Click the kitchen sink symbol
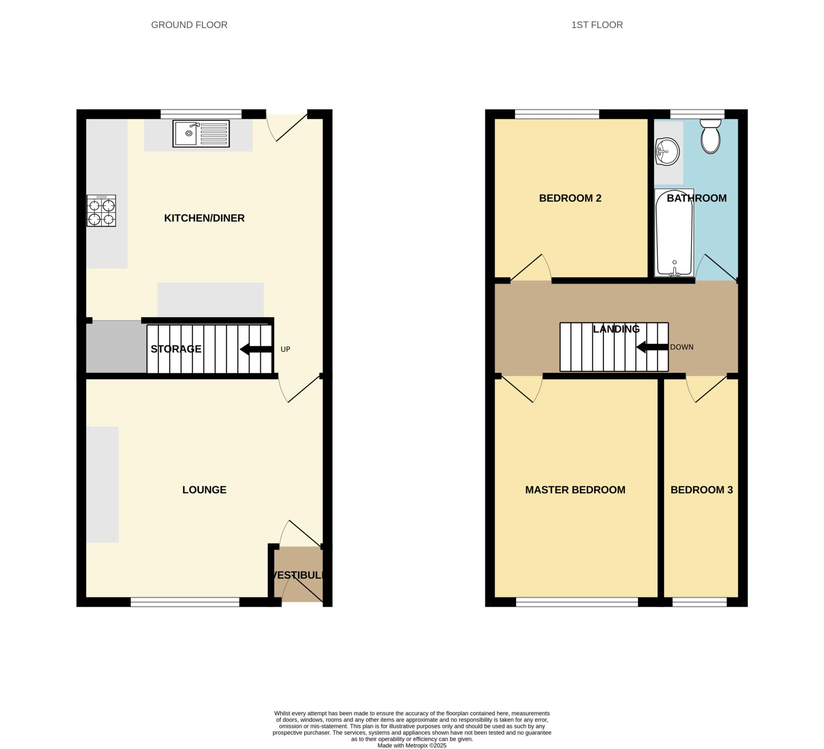[201, 134]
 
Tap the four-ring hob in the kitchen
[101, 211]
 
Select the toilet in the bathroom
[711, 137]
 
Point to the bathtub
[674, 233]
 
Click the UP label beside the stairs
[285, 350]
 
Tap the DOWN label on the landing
[682, 347]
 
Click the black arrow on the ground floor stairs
[256, 350]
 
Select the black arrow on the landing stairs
[652, 347]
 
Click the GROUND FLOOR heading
[189, 25]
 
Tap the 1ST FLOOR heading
[597, 25]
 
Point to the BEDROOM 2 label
[570, 198]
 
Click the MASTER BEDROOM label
[575, 490]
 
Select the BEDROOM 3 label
[701, 490]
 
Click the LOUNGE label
[204, 490]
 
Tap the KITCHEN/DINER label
[204, 218]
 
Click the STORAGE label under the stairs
[176, 349]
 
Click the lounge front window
[185, 602]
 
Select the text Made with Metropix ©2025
[412, 745]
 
